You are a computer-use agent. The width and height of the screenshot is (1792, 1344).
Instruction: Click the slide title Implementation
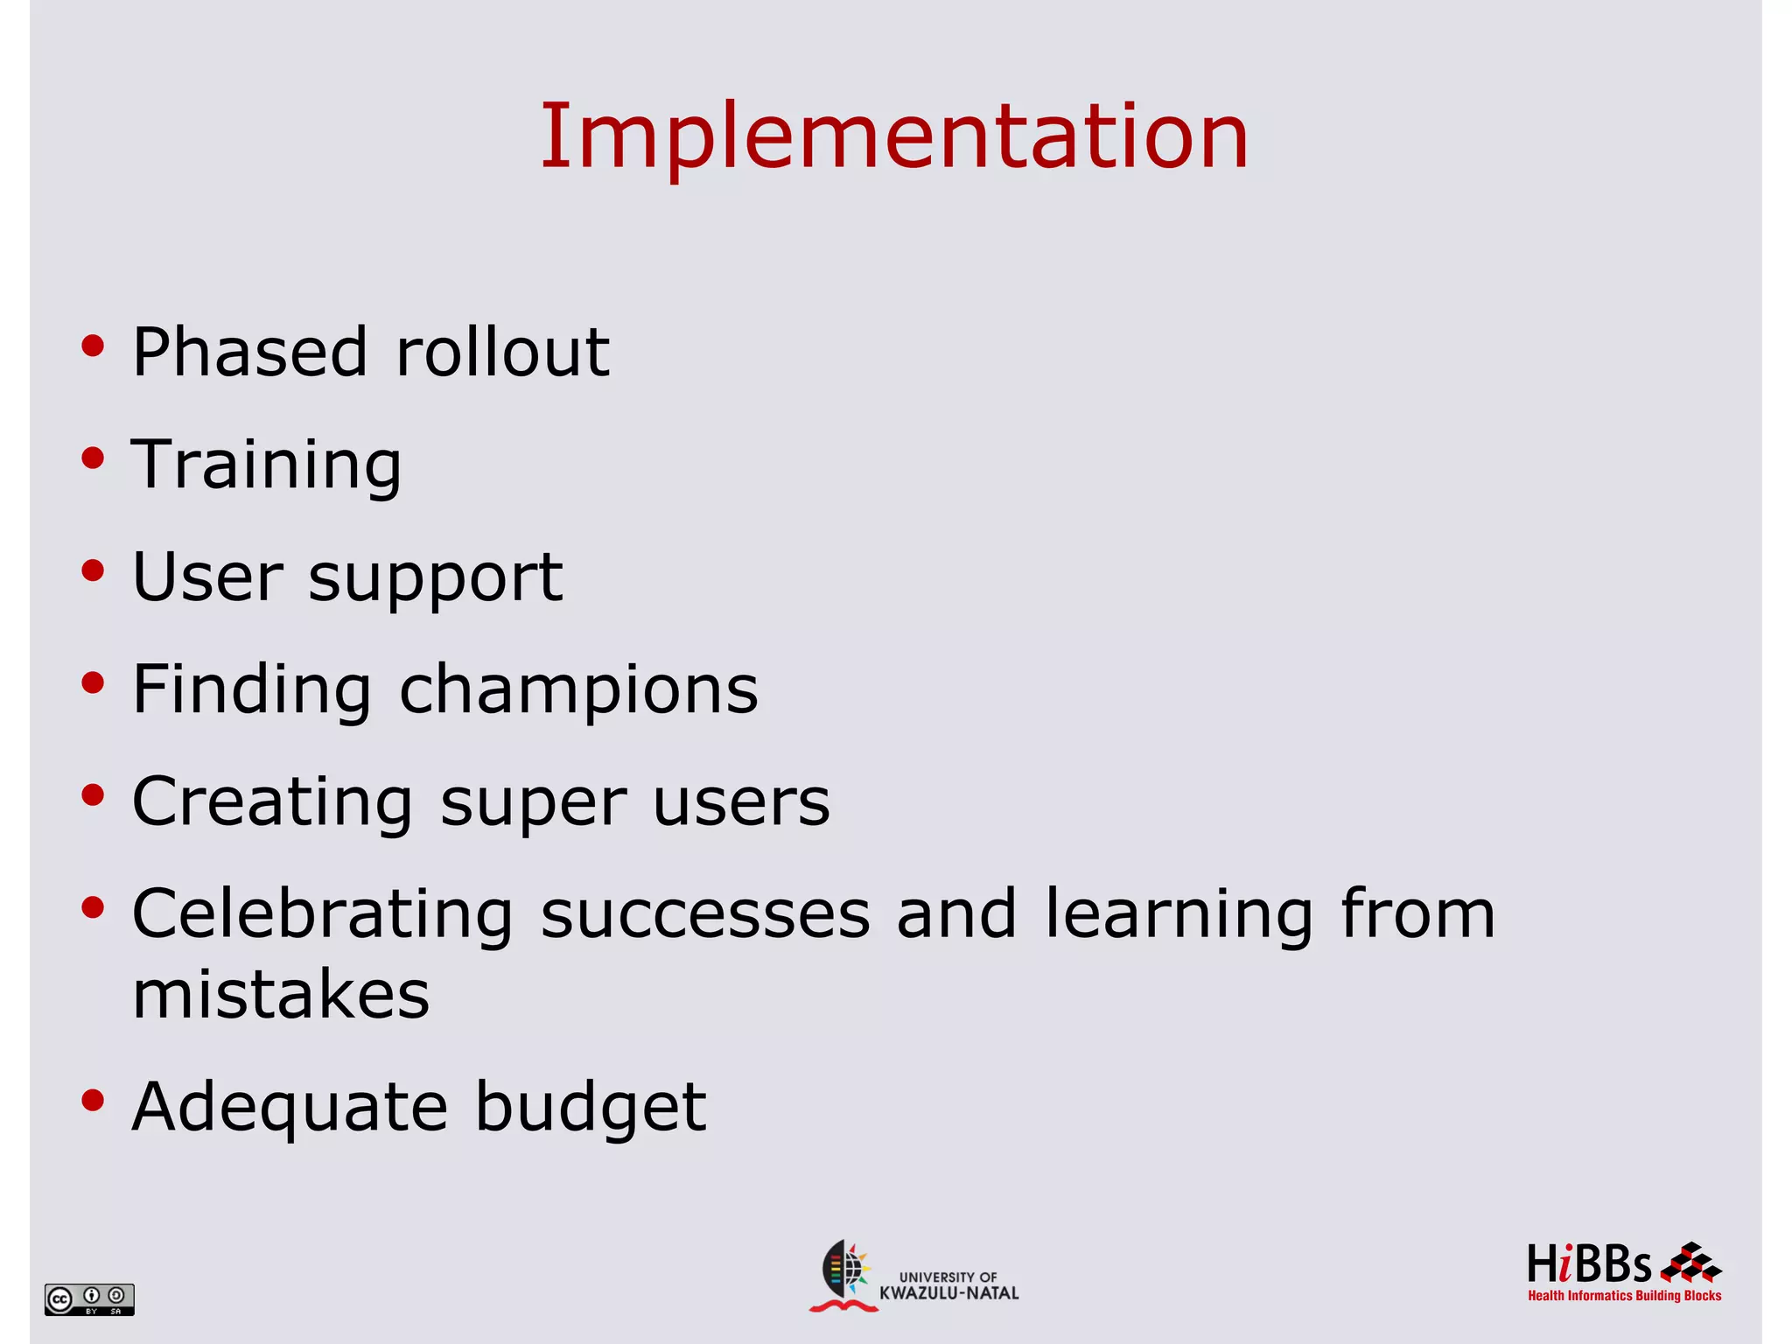click(894, 136)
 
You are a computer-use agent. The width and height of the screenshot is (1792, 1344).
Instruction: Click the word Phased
click(249, 352)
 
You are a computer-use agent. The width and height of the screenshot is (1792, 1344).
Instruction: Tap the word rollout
click(502, 352)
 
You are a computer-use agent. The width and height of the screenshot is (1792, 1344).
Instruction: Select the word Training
click(266, 465)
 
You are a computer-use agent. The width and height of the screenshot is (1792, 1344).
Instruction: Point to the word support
click(435, 579)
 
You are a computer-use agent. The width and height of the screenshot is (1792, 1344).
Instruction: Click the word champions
click(578, 689)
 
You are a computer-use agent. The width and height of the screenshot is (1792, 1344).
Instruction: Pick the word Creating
click(272, 803)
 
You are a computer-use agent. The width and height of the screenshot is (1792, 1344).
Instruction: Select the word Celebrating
click(322, 914)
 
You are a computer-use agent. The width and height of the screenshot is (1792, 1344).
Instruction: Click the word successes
click(705, 914)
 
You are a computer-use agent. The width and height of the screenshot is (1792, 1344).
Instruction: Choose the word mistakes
click(281, 995)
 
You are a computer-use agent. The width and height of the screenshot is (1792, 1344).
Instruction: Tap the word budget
click(591, 1108)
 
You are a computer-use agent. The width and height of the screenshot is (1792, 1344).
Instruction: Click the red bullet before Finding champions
click(93, 682)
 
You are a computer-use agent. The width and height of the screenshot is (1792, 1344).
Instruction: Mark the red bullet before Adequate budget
click(93, 1100)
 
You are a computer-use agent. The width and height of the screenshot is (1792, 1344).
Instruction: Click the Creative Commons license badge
click(89, 1299)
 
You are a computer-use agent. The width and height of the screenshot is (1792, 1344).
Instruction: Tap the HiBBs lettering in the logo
click(1589, 1265)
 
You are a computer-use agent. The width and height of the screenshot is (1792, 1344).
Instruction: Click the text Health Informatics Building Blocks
click(1624, 1296)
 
